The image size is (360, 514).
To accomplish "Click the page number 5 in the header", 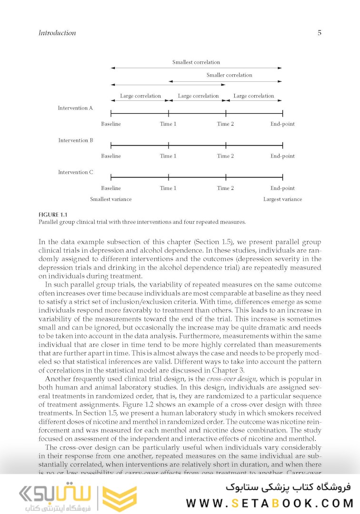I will pyautogui.click(x=319, y=33).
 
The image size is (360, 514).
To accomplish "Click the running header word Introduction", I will pyautogui.click(x=57, y=33).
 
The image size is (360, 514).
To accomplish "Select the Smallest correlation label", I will pyautogui.click(x=196, y=62).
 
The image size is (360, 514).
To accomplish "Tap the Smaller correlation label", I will pyautogui.click(x=229, y=75).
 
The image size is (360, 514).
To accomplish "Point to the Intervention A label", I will pyautogui.click(x=76, y=108).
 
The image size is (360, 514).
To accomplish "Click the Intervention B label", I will pyautogui.click(x=76, y=140).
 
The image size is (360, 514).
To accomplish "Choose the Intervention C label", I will pyautogui.click(x=76, y=172).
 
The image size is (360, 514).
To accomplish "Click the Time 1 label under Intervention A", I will pyautogui.click(x=168, y=124).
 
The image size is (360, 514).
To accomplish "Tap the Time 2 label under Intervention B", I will pyautogui.click(x=226, y=156).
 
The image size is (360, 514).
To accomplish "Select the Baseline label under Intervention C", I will pyautogui.click(x=111, y=188).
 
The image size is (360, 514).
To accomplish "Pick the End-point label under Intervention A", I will pyautogui.click(x=283, y=124).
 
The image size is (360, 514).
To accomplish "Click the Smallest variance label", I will pyautogui.click(x=111, y=199).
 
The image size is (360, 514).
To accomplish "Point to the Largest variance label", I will pyautogui.click(x=283, y=199).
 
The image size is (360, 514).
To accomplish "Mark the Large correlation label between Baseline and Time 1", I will pyautogui.click(x=140, y=96).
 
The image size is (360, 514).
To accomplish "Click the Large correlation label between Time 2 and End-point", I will pyautogui.click(x=254, y=96).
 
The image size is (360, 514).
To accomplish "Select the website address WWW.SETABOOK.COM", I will pyautogui.click(x=270, y=503).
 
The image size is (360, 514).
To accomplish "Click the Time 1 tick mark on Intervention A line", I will pyautogui.click(x=169, y=113).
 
